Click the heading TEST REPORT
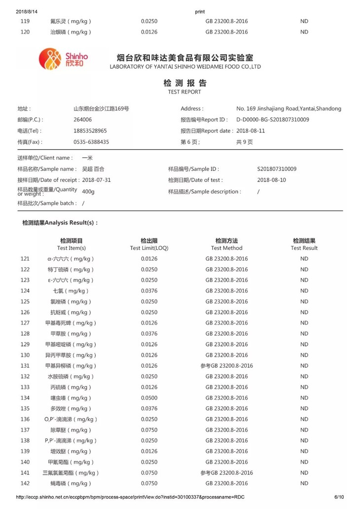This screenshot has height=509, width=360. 184,92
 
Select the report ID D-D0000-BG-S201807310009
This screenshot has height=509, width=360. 273,120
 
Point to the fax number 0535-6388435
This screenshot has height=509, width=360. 91,142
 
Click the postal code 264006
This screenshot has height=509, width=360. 82,120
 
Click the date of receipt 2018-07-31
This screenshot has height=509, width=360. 97,180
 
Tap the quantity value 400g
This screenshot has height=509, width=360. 88,191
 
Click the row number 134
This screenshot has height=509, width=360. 25,398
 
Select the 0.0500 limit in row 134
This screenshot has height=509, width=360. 149,398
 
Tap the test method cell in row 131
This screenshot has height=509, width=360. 226,366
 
